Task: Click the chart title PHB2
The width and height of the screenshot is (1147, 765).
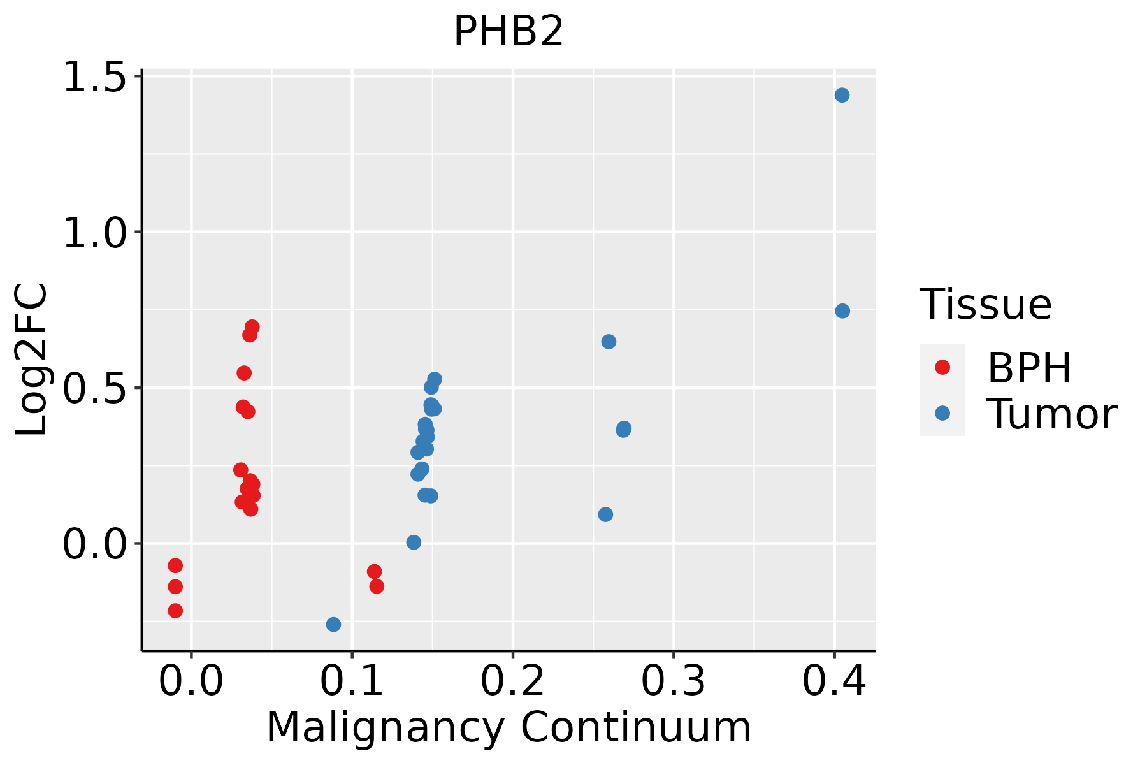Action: (509, 32)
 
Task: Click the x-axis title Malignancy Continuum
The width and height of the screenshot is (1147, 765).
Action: (509, 727)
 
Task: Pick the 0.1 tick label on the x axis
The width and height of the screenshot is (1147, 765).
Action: (352, 681)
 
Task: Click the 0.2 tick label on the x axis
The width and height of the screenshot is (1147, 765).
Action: (512, 681)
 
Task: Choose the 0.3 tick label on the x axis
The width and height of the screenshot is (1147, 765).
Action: (673, 681)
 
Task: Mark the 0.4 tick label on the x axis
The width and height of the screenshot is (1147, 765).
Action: (833, 681)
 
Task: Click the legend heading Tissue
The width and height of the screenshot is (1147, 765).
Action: (986, 304)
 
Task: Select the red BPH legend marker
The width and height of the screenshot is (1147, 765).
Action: (942, 367)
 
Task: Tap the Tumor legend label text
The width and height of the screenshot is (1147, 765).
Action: (1052, 414)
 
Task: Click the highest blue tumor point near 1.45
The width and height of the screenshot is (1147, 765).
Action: (842, 95)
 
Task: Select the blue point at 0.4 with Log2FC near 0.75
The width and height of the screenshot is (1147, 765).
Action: (842, 311)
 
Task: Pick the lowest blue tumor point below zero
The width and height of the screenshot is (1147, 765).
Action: (333, 624)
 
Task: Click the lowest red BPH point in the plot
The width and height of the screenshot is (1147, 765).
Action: (175, 611)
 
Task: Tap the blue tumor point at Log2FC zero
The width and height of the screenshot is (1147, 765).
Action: (414, 543)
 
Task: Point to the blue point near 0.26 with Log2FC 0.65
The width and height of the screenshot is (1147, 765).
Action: (609, 342)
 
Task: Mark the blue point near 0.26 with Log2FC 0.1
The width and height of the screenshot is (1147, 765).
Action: (605, 514)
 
